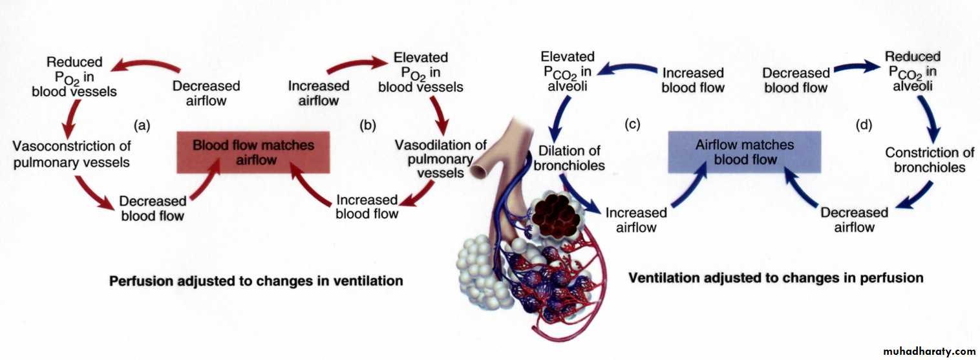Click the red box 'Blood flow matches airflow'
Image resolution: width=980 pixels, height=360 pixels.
tap(253, 153)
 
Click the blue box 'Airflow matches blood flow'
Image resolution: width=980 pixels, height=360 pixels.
tap(745, 152)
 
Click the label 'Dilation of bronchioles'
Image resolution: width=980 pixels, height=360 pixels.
tap(569, 158)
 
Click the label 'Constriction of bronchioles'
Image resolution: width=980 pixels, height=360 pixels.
tap(930, 160)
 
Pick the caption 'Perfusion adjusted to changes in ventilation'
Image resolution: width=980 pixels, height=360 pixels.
tap(256, 281)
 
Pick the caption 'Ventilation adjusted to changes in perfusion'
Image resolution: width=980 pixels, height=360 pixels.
tap(775, 278)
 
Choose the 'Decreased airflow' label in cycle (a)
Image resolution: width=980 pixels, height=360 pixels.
tap(206, 93)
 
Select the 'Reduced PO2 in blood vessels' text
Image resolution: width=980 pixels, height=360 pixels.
tap(74, 76)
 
